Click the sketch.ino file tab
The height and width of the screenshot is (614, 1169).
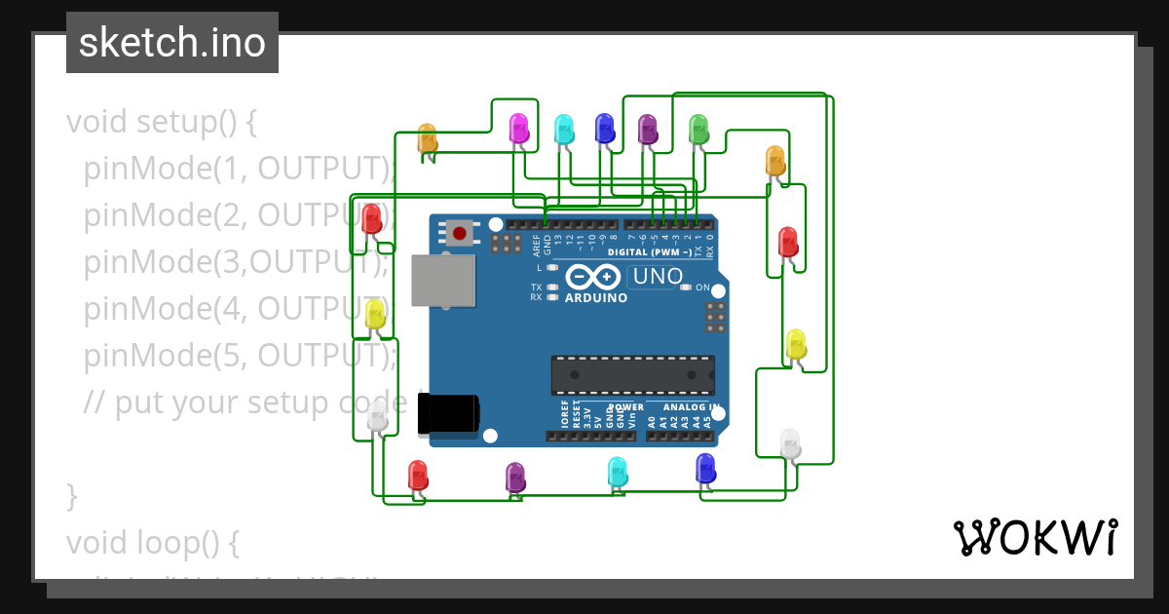pyautogui.click(x=171, y=43)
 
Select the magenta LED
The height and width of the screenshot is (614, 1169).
pyautogui.click(x=519, y=128)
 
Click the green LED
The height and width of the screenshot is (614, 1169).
pyautogui.click(x=698, y=129)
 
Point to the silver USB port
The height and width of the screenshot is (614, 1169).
pyautogui.click(x=443, y=282)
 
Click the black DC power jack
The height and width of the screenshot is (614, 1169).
pyautogui.click(x=447, y=413)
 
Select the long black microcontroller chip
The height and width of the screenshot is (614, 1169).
pyautogui.click(x=632, y=375)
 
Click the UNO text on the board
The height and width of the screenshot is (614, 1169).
pyautogui.click(x=658, y=277)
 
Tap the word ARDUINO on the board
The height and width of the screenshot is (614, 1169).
pyautogui.click(x=596, y=298)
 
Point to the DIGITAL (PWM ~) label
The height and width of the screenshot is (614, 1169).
pyautogui.click(x=650, y=251)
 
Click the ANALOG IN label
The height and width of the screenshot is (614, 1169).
pyautogui.click(x=692, y=406)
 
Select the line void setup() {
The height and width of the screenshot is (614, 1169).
pyautogui.click(x=162, y=123)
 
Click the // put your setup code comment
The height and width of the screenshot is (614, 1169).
pyautogui.click(x=244, y=403)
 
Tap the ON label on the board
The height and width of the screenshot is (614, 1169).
pyautogui.click(x=701, y=288)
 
